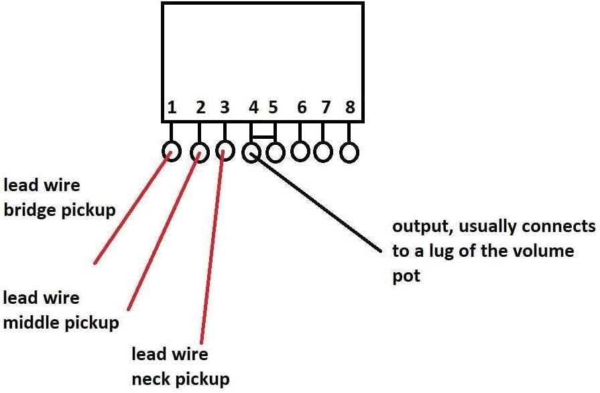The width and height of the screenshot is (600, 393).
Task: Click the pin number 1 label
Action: click(x=172, y=107)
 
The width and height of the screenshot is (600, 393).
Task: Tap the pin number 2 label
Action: click(x=200, y=107)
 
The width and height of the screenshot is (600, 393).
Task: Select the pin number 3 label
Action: click(x=225, y=107)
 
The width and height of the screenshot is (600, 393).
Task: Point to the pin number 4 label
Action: click(x=253, y=107)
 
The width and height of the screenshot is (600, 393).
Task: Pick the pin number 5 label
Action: click(x=273, y=107)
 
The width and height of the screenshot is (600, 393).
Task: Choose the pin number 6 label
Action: click(x=302, y=107)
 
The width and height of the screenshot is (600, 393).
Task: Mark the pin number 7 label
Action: click(x=325, y=107)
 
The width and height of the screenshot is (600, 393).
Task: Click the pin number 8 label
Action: click(x=349, y=107)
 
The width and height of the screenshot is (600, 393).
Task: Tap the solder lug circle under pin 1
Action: click(x=172, y=152)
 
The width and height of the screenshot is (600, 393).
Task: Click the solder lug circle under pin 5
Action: click(x=275, y=152)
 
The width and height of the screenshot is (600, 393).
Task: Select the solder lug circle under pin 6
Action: click(x=300, y=152)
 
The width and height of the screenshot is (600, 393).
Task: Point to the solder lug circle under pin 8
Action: click(x=349, y=152)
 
